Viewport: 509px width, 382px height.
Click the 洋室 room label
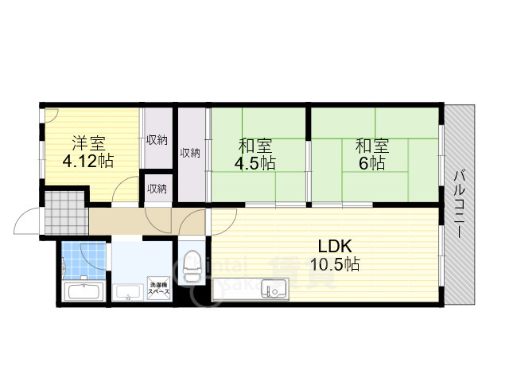88,143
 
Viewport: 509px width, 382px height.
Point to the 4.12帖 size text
88,161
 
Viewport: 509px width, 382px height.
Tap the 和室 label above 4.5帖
255,146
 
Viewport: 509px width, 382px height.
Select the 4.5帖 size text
255,164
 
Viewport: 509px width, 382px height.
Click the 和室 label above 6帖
371,146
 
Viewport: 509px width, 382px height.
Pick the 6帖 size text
371,164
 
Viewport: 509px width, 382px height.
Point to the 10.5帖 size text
335,264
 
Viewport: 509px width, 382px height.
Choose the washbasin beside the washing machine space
126,293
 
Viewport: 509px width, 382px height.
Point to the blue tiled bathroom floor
76,259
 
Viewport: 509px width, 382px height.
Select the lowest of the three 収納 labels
157,189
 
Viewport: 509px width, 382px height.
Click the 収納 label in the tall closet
189,153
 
